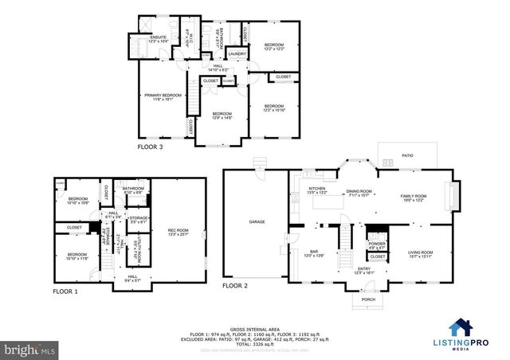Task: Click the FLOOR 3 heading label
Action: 150,147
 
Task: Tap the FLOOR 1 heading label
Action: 65,292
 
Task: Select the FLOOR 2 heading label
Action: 235,284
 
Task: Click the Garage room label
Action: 256,221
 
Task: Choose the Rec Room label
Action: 178,232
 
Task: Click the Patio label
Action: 407,156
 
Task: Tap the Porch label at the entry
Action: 368,299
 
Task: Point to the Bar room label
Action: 314,253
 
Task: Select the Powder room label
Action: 377,245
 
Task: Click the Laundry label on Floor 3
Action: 237,54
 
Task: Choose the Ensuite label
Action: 157,39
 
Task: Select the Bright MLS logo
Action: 30,349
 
